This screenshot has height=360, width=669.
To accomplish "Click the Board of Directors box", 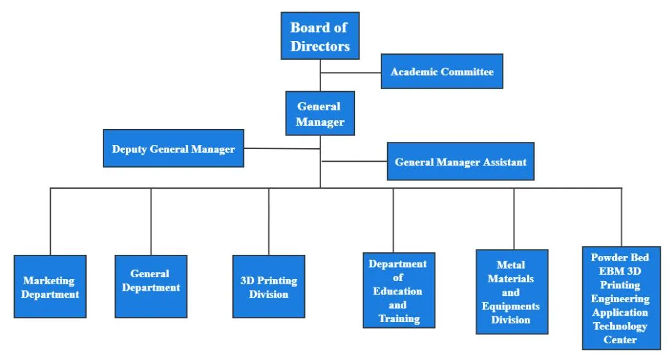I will click(320, 36).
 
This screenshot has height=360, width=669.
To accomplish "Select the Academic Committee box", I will click(442, 71).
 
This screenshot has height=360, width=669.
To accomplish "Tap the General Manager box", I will click(320, 114).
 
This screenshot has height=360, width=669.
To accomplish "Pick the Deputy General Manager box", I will click(173, 149).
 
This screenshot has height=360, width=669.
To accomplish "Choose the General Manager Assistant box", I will click(460, 162).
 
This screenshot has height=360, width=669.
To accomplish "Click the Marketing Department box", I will click(50, 287).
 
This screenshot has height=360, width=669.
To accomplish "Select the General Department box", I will click(151, 287).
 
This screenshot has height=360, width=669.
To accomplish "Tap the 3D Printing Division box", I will click(268, 287).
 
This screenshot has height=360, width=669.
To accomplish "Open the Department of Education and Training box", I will click(398, 291).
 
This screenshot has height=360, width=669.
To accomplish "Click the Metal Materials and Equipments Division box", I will click(512, 292).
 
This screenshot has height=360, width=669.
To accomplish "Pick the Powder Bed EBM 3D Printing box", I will click(621, 298).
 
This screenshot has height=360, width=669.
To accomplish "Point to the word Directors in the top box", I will click(320, 46).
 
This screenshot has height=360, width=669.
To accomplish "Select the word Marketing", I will click(49, 280).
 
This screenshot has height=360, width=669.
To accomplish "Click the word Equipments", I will click(510, 306).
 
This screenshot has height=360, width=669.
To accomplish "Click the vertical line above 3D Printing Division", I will click(268, 221).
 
